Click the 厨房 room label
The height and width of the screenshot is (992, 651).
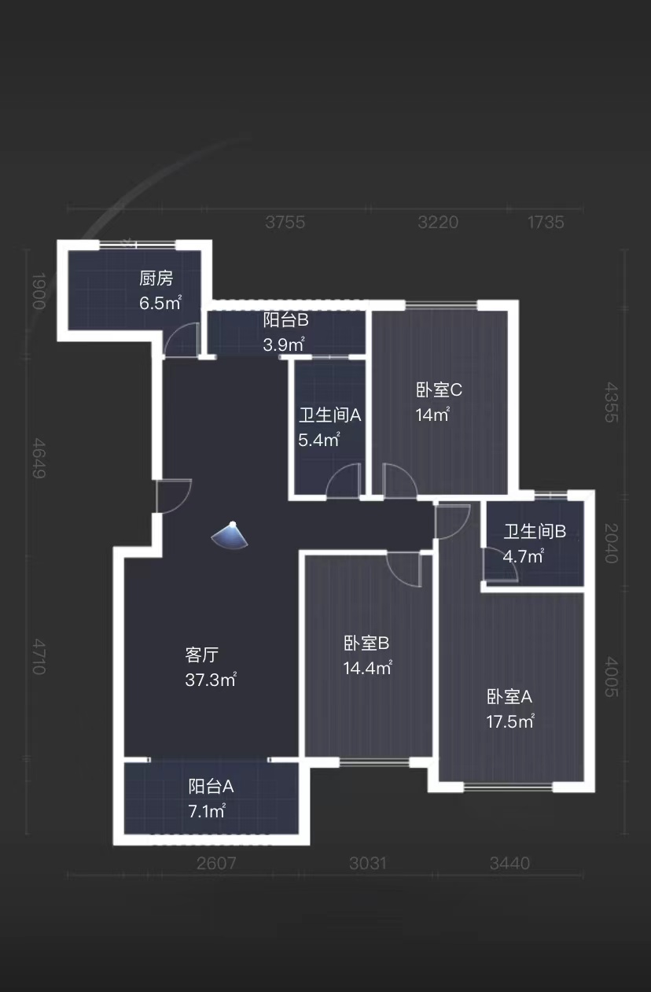tap(156, 278)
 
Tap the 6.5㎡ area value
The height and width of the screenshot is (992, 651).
tap(160, 303)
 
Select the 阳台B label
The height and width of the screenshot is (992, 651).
tap(285, 320)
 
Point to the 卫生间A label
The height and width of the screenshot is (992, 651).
tap(329, 415)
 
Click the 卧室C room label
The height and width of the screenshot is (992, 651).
tap(439, 389)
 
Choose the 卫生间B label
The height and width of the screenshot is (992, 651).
tap(535, 532)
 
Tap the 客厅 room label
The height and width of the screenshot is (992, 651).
tap(201, 655)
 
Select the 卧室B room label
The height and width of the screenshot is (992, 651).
tap(366, 644)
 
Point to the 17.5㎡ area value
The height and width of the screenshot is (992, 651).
tap(510, 721)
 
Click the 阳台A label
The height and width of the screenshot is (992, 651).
tap(211, 786)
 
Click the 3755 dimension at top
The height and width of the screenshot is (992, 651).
tap(285, 223)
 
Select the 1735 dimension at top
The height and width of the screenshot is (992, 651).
tap(546, 223)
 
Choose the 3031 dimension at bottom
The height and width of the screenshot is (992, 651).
tap(367, 864)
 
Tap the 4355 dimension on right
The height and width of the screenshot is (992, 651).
tap(611, 403)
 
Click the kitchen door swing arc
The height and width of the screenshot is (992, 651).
tap(181, 340)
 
